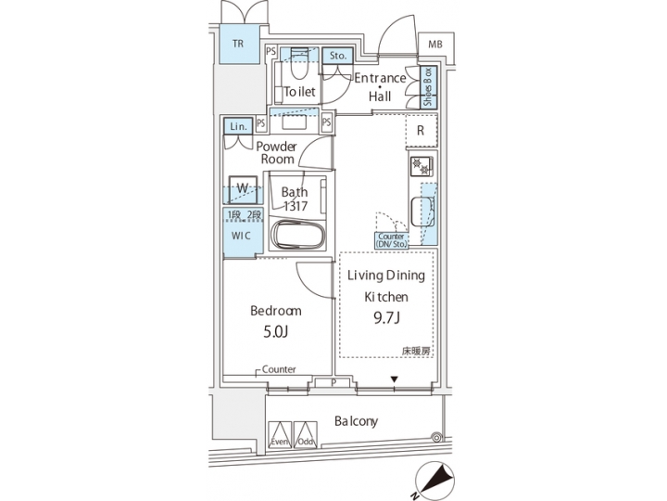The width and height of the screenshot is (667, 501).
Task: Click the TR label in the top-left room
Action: coord(238,43)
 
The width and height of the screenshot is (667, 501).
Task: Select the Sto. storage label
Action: coord(336,57)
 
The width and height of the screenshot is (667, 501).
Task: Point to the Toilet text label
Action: coord(300,92)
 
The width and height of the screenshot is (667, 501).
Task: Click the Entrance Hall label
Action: coord(380,86)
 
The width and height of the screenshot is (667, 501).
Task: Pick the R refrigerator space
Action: coord(421,131)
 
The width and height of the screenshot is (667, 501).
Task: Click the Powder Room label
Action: coord(276,153)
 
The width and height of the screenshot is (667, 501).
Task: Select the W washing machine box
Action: coord(241,187)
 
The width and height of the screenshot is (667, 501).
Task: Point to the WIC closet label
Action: coord(241,236)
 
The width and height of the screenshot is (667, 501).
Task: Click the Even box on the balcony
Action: coord(280,434)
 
